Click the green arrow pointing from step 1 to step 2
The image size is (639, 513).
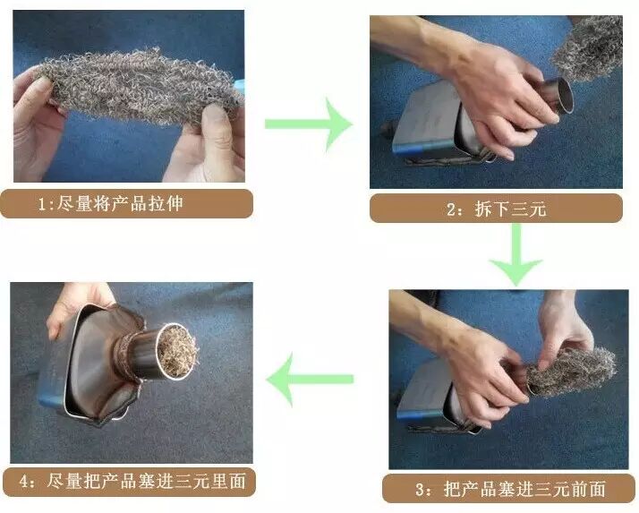309,124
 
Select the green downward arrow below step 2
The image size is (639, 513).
515,254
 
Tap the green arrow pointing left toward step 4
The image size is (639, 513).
310,380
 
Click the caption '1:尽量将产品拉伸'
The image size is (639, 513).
110,203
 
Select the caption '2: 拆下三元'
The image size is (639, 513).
496,209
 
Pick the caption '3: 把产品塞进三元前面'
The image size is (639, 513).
509,489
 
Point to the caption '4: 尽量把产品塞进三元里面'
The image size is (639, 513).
132,481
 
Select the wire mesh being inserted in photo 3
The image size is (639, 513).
571,371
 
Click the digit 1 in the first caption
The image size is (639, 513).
42,204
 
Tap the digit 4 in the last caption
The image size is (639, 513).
23,482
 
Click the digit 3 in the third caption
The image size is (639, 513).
420,490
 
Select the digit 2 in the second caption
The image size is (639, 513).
452,209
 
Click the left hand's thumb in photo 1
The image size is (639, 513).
36,95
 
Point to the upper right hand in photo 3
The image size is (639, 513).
565,326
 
